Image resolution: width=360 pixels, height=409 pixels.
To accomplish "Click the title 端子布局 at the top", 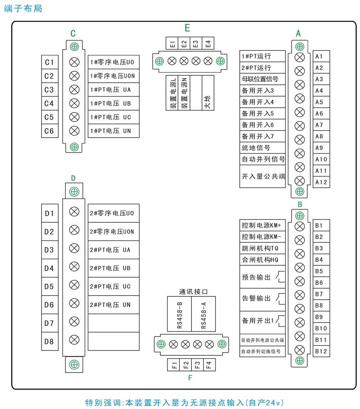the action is tap(23, 8).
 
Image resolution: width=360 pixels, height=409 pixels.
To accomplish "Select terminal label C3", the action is tap(50, 90).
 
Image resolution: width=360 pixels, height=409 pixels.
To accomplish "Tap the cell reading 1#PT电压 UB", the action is tap(113, 103).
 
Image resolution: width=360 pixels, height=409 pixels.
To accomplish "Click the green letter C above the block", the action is tap(73, 34).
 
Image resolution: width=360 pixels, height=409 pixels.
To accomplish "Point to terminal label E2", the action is tap(184, 43).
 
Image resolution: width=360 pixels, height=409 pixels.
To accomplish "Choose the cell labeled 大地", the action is tap(208, 93).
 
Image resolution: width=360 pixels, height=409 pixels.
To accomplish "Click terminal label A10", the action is tap(321, 159).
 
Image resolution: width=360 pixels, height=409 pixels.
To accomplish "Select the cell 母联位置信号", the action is tap(263, 79).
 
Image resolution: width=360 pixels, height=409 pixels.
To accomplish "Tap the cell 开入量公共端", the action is tap(263, 176).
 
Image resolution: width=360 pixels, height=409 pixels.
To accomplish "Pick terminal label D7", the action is tap(50, 323).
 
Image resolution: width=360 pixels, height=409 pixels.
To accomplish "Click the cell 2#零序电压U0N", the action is tap(113, 231).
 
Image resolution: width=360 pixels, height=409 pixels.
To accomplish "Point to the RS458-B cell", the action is tap(179, 314).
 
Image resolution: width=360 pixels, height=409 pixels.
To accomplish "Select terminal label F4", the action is tap(209, 365).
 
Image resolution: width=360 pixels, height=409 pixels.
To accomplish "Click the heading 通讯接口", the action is tap(193, 291).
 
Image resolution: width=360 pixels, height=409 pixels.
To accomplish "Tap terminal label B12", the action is tap(321, 351).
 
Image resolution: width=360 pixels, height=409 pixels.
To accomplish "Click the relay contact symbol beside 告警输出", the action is tap(281, 299).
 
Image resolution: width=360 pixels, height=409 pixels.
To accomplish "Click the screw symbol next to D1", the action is tap(74, 212).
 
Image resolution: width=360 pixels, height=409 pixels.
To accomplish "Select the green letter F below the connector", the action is tap(190, 378).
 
